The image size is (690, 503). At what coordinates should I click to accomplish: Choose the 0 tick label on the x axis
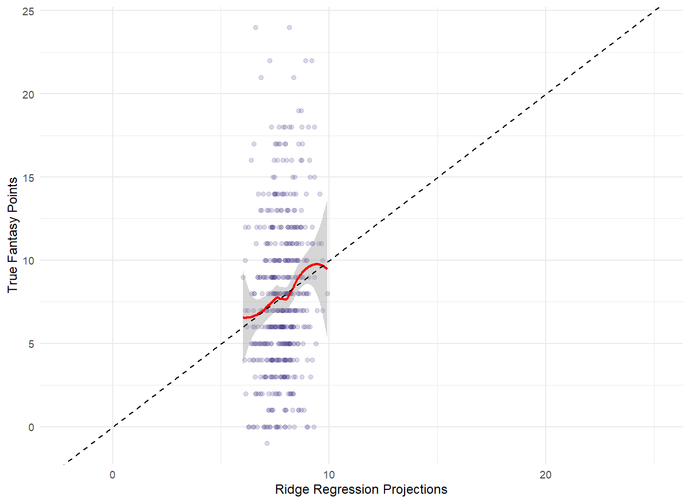pos(112,474)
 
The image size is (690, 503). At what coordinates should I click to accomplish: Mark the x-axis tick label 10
pos(329,474)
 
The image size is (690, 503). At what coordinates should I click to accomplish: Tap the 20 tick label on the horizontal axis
pos(546,474)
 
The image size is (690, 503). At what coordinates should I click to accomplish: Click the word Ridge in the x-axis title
pos(290,489)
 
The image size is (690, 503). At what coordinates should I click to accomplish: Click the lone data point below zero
pos(267,443)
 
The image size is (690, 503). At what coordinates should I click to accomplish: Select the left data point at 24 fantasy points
pos(255,27)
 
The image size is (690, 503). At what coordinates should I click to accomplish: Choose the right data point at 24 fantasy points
pos(289,27)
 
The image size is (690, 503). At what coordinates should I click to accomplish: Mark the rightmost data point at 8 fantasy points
pos(327,293)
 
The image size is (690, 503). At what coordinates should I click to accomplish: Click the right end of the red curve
pos(327,268)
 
